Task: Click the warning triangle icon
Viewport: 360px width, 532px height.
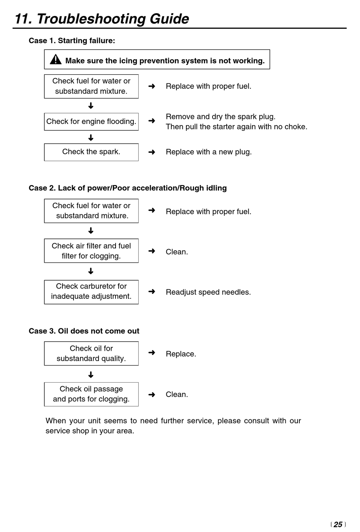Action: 56,60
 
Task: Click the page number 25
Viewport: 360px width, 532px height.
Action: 338,524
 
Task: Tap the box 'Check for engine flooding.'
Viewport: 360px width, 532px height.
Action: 91,122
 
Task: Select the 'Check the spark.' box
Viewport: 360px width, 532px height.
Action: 91,152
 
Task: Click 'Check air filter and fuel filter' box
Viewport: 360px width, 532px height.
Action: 91,251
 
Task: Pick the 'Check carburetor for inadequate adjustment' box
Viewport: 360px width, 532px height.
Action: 91,292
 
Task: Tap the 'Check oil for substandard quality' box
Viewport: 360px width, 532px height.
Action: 91,353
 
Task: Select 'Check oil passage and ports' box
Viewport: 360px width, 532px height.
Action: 91,394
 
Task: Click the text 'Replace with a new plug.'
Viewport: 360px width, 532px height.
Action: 208,152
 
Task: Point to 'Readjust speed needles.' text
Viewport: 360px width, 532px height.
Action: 208,292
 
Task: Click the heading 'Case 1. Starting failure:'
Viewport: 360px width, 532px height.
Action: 72,41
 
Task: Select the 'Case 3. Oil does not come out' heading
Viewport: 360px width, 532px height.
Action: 84,331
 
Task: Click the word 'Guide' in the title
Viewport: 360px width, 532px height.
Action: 169,19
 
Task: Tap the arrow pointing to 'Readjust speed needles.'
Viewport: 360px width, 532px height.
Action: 152,292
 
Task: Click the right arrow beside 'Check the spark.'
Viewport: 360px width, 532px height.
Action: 152,152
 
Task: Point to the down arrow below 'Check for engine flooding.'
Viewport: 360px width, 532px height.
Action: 91,138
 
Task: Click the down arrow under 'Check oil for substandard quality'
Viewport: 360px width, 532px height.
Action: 91,375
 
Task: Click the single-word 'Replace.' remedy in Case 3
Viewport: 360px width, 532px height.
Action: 181,354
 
